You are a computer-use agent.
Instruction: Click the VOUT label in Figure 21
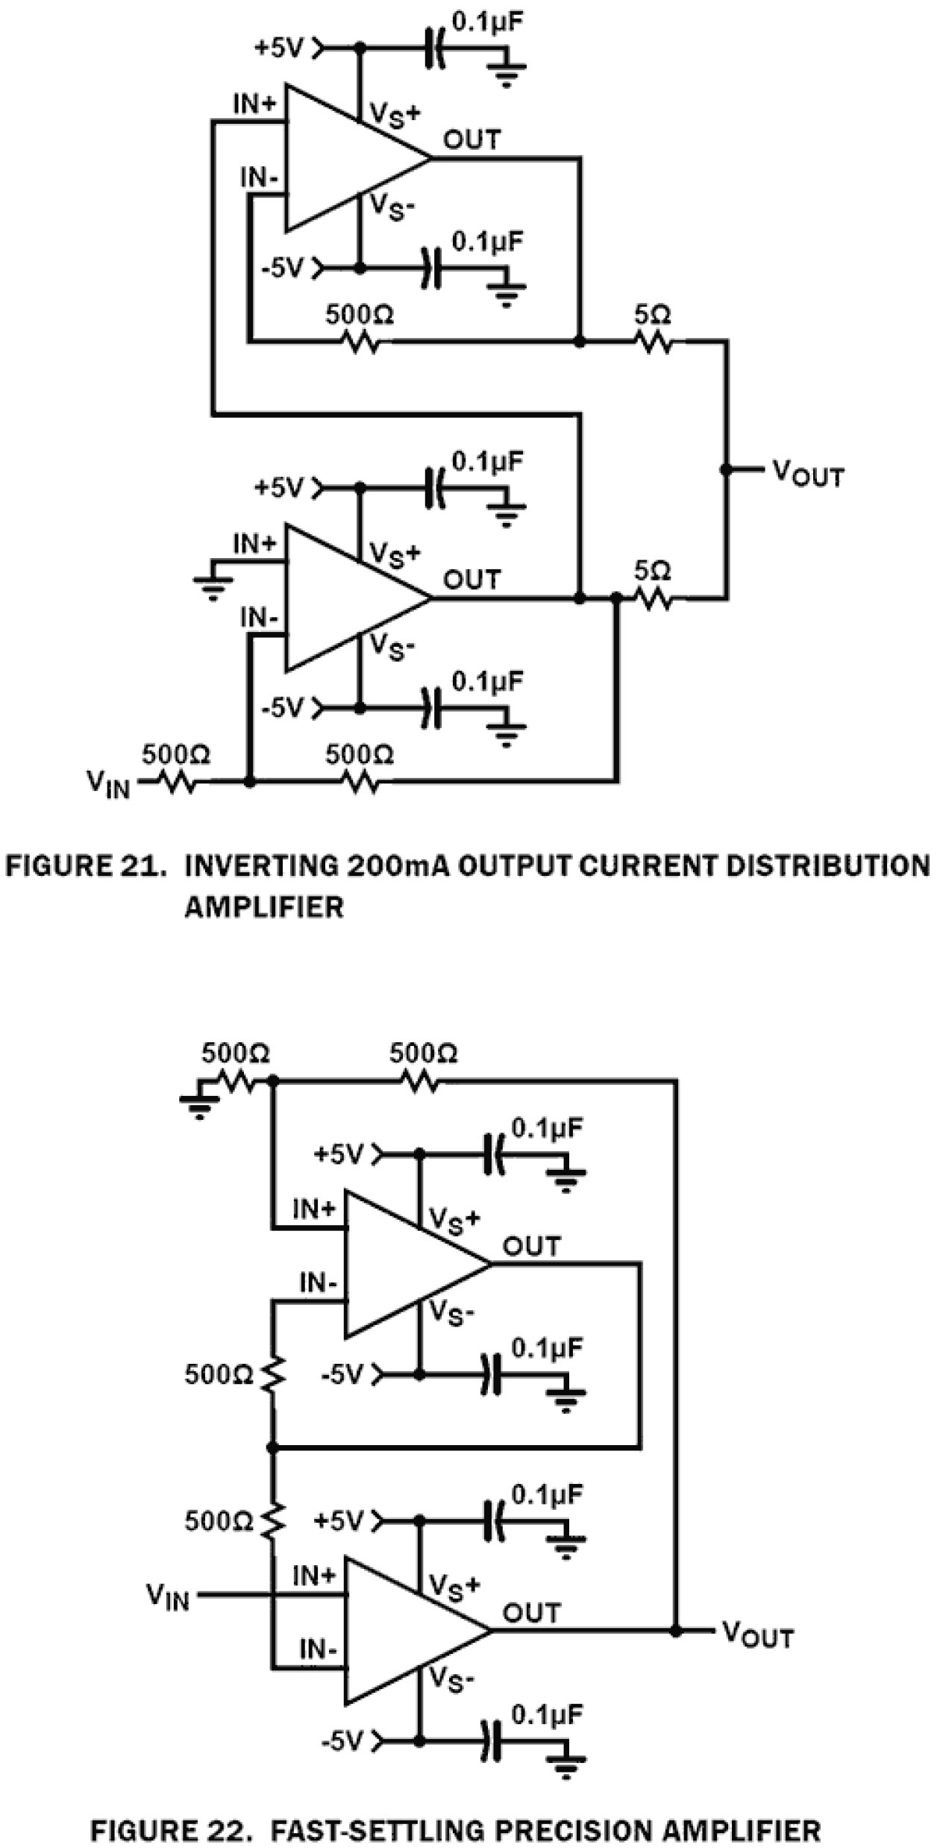click(x=807, y=474)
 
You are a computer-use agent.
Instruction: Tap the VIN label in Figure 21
click(x=109, y=784)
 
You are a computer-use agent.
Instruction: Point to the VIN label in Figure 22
click(x=169, y=1597)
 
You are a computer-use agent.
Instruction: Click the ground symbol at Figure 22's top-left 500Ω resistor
click(x=198, y=1106)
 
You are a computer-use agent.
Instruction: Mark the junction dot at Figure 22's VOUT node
click(x=676, y=1632)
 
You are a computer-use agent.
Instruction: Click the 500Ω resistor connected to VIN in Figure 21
click(x=176, y=782)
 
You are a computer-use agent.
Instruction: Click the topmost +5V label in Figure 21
click(x=279, y=48)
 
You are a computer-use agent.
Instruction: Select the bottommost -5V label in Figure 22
click(x=342, y=1741)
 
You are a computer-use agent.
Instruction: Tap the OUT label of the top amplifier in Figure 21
click(x=471, y=140)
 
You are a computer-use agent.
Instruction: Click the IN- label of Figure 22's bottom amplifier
click(x=318, y=1650)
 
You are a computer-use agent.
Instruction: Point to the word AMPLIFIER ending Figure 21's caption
click(x=264, y=907)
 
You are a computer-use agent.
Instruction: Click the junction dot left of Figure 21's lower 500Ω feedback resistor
click(x=249, y=782)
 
